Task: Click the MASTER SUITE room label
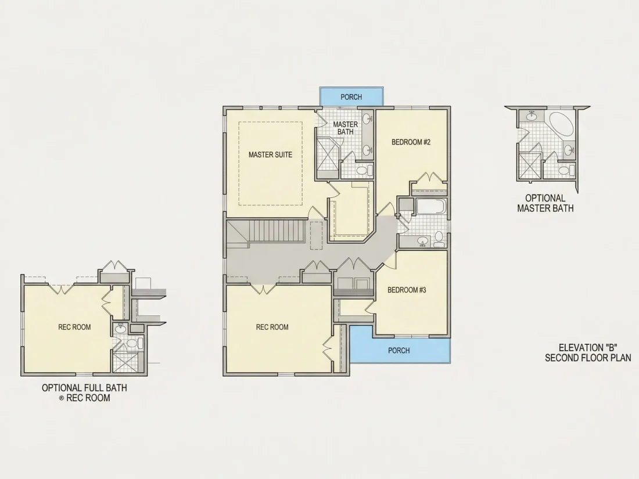(x=270, y=155)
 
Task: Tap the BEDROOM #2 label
(x=411, y=142)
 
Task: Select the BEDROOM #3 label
(x=407, y=290)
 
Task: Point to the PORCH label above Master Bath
(x=351, y=97)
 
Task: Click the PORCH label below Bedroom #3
(x=399, y=350)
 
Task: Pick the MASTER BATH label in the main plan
(x=346, y=128)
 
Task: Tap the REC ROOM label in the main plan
(x=272, y=327)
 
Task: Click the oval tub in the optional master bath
(x=562, y=124)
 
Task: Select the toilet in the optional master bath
(x=566, y=170)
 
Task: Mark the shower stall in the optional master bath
(x=530, y=166)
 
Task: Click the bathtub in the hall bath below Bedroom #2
(x=431, y=207)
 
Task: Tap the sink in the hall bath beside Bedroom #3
(x=422, y=242)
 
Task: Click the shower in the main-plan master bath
(x=328, y=157)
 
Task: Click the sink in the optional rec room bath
(x=120, y=328)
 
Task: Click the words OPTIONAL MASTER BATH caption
(x=545, y=203)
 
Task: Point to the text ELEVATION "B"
(x=588, y=348)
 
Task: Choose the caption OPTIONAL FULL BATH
(x=84, y=388)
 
